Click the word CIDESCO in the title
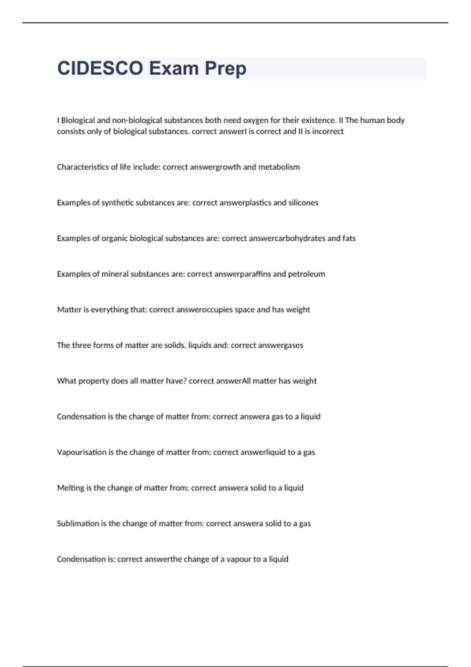(100, 68)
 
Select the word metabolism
(279, 167)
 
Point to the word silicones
(303, 202)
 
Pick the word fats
(349, 238)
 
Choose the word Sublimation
(78, 523)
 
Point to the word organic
(114, 238)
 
